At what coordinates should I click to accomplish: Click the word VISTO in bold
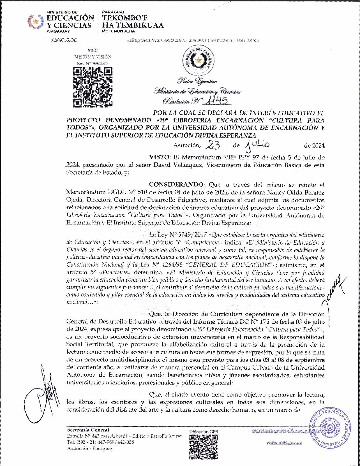160,157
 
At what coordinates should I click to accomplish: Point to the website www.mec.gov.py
284,443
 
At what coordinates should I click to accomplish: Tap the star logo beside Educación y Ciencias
36,22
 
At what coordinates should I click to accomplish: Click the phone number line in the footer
100,442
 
